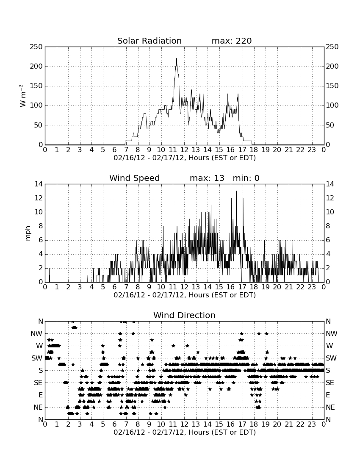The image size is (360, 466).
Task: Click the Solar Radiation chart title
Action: (x=150, y=41)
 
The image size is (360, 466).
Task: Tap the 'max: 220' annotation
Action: (x=232, y=41)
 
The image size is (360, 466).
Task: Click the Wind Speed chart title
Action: (x=135, y=178)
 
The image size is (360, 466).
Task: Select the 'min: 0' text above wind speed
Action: (x=246, y=178)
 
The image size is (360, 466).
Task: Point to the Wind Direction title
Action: (x=185, y=315)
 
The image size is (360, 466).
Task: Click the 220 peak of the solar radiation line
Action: (x=177, y=58)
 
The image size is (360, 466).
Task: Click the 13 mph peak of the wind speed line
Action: (x=236, y=191)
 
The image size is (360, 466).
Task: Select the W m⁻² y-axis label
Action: (x=22, y=96)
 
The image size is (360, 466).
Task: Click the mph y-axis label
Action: (x=28, y=233)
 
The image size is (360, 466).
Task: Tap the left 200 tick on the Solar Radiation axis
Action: (x=36, y=66)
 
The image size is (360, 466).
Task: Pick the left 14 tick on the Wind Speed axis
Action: (x=39, y=184)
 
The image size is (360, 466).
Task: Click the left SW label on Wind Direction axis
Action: (x=37, y=358)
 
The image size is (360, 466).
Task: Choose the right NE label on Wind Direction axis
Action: (x=330, y=408)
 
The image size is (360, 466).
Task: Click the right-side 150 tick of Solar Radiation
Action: (x=332, y=86)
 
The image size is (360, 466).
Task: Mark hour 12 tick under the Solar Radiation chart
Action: (x=184, y=150)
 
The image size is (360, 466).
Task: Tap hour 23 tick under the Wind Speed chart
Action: (x=312, y=287)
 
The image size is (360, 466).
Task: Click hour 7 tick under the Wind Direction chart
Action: (x=126, y=424)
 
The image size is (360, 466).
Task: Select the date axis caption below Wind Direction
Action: (x=185, y=432)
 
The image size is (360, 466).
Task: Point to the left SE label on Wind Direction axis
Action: (x=38, y=383)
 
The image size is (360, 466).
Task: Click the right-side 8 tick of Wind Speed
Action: (x=328, y=226)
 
